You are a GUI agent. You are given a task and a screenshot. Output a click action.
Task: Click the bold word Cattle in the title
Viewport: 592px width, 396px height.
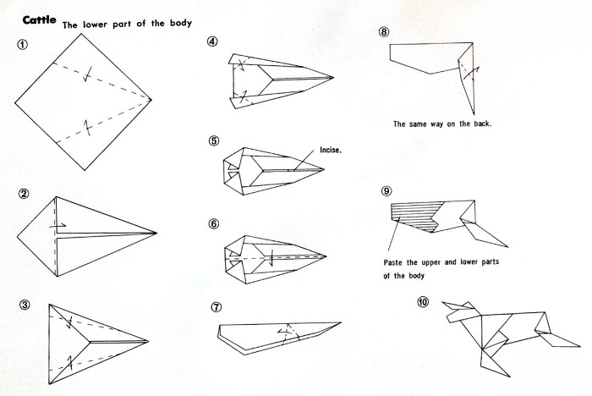(39, 20)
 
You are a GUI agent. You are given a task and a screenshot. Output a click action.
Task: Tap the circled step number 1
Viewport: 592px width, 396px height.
(22, 45)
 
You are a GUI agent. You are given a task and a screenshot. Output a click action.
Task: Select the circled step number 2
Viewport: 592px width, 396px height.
(24, 194)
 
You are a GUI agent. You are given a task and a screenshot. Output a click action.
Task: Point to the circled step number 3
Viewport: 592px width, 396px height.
(25, 305)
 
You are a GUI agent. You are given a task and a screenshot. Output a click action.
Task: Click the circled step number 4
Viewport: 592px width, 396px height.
(212, 41)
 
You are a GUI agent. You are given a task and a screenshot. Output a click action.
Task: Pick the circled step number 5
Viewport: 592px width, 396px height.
(213, 141)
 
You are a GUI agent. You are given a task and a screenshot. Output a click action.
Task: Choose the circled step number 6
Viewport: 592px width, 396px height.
(213, 224)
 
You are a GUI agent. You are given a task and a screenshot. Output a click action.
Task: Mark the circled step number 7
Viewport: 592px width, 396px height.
(216, 307)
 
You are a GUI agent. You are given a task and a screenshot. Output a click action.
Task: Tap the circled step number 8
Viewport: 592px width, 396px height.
(384, 32)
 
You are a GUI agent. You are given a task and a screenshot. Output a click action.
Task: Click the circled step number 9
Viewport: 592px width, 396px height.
(386, 191)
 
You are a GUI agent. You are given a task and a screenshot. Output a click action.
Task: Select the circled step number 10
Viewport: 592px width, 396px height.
(423, 302)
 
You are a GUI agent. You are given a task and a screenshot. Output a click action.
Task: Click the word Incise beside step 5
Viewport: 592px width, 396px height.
(331, 150)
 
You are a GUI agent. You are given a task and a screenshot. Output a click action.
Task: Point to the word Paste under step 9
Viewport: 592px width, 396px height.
(393, 262)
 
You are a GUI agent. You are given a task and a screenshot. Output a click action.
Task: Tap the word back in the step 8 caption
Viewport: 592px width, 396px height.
(482, 124)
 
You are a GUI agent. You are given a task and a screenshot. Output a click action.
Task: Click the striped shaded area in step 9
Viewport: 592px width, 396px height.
(415, 216)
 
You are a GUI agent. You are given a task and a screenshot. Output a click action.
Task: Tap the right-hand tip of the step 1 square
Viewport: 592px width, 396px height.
(151, 100)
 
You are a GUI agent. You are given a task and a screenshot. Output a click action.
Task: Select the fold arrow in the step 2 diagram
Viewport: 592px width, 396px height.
(58, 226)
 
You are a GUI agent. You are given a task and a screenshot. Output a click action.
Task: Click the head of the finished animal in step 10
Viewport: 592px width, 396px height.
(458, 311)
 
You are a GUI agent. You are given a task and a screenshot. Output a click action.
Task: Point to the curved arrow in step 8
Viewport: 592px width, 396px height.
(472, 73)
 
